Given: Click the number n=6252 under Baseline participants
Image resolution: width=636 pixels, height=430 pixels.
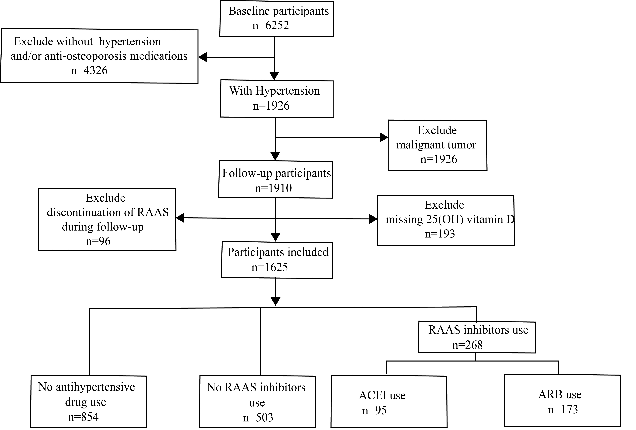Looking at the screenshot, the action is pyautogui.click(x=271, y=26).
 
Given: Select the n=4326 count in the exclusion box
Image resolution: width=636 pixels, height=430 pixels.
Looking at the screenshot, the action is pyautogui.click(x=89, y=70).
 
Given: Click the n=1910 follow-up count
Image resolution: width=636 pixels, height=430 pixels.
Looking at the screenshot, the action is pyautogui.click(x=273, y=188).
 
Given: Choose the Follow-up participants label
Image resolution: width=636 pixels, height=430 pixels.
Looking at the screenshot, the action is pyautogui.click(x=276, y=173).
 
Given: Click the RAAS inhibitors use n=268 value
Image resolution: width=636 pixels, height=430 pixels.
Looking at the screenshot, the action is pyautogui.click(x=467, y=345).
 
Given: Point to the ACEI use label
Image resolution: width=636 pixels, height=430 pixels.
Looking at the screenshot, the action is pyautogui.click(x=382, y=395).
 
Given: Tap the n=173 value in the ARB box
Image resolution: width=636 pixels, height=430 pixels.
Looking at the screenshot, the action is pyautogui.click(x=563, y=409).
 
